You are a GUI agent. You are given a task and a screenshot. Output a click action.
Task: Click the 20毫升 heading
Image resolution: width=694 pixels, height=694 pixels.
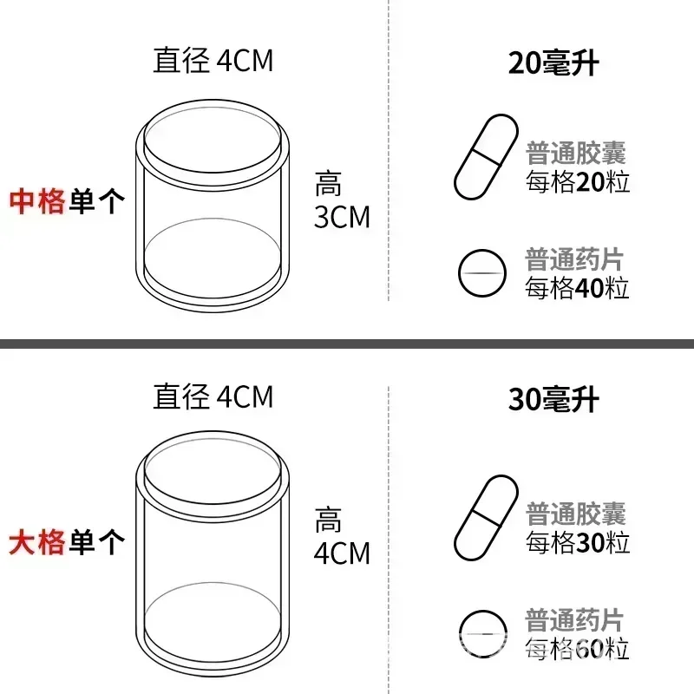point(553,62)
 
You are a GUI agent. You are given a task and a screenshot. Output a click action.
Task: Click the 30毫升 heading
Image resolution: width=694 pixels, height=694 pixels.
point(553,399)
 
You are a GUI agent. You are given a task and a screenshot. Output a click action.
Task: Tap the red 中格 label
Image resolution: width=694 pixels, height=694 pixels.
point(37,201)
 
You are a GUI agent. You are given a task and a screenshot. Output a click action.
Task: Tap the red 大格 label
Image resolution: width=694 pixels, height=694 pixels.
point(37,542)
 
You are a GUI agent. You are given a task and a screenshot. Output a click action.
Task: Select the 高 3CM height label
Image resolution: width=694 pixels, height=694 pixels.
point(342,200)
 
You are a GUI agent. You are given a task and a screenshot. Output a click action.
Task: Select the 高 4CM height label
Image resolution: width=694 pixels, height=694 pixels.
point(342,536)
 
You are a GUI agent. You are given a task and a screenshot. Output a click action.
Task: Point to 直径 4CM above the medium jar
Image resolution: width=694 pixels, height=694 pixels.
point(213,60)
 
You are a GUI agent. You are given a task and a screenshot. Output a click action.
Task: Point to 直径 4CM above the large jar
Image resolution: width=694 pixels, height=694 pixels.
point(213,396)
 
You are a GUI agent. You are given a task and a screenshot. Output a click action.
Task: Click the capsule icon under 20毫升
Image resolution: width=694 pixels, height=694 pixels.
point(486,157)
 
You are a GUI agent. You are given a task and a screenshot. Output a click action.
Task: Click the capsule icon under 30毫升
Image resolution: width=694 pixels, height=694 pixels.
point(486,518)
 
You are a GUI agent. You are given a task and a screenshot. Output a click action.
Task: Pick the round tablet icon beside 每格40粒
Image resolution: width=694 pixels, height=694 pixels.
point(482,272)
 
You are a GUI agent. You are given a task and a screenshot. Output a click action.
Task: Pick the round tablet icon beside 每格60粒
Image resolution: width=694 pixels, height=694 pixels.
point(482,634)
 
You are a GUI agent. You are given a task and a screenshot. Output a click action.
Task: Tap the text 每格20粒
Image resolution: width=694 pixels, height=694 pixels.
point(578,182)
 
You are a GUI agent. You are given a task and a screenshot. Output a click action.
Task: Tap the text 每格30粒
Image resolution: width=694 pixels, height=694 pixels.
point(578,543)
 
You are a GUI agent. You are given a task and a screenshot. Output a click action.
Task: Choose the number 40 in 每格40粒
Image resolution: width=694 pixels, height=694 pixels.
point(589,288)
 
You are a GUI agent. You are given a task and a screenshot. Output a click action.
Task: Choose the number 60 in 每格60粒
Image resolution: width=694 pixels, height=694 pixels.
point(589,649)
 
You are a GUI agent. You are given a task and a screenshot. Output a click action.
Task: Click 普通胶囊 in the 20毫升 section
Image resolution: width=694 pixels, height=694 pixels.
point(576,154)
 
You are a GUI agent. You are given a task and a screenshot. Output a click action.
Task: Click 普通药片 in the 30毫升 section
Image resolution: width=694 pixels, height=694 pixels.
point(574,620)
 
